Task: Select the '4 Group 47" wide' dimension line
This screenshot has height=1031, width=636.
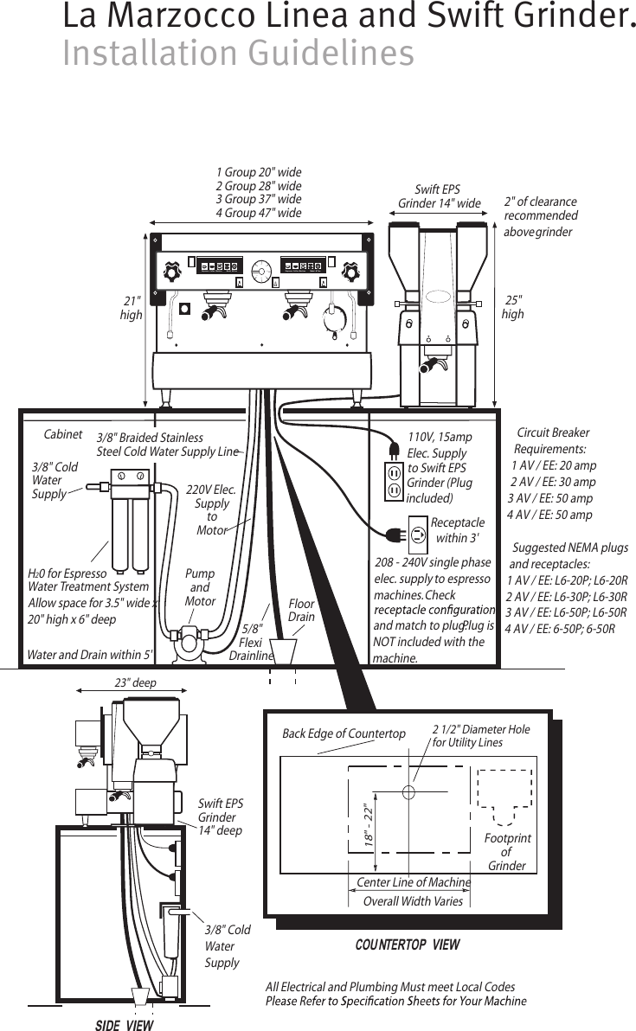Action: click(x=258, y=213)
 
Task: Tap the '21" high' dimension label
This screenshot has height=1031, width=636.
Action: click(x=132, y=308)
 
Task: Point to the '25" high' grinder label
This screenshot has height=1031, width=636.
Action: click(x=513, y=307)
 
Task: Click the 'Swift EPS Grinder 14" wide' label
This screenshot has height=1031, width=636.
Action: click(x=439, y=196)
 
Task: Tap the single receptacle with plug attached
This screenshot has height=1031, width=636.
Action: click(x=417, y=534)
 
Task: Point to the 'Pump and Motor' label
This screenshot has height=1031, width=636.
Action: click(x=200, y=587)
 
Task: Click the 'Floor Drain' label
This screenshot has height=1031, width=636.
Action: click(x=301, y=611)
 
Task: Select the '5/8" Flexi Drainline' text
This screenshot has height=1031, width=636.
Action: click(x=252, y=643)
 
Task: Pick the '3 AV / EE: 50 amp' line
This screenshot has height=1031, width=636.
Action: click(x=549, y=498)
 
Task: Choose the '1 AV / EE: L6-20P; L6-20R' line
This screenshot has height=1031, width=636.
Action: click(x=566, y=580)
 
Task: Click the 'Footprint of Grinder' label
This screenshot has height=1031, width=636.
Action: click(x=507, y=852)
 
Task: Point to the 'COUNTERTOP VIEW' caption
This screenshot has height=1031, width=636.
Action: click(x=408, y=945)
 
